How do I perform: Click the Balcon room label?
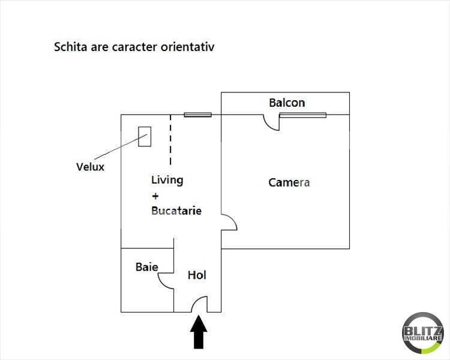[x=287, y=103]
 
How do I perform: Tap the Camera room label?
[x=289, y=182]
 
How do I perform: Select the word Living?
[x=167, y=180]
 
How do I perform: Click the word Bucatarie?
[x=176, y=211]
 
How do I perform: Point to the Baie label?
[x=146, y=266]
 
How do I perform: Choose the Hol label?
[x=197, y=275]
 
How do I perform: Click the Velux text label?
[x=90, y=167]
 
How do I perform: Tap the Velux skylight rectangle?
[x=145, y=136]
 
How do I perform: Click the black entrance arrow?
[x=199, y=334]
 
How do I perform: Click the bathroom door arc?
[x=165, y=279]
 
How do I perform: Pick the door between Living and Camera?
[x=230, y=221]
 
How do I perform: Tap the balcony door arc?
[x=272, y=122]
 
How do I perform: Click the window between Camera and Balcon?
[x=302, y=115]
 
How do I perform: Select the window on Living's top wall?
[x=197, y=115]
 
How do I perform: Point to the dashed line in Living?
[x=170, y=140]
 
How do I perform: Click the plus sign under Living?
[x=155, y=196]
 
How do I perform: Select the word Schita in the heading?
[x=70, y=46]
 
